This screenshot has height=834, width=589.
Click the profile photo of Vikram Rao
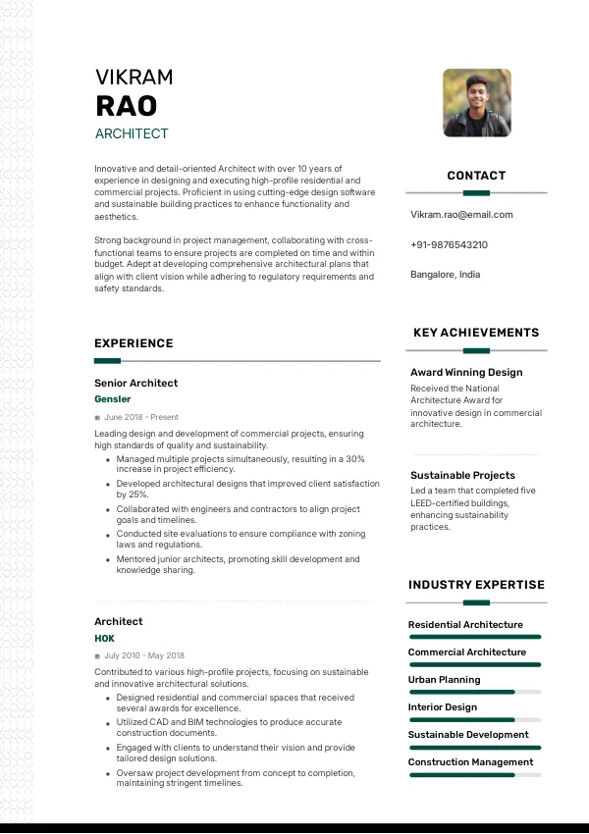[476, 102]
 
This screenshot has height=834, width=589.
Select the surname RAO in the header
[126, 106]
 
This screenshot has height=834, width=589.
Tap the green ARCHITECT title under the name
[132, 133]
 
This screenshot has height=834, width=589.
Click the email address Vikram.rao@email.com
[461, 215]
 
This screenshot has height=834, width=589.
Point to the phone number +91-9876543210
[449, 244]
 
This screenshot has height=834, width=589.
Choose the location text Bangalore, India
[445, 275]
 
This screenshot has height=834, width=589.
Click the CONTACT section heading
[476, 176]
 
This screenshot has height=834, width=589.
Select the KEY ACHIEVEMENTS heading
[476, 333]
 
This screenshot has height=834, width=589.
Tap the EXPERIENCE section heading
[134, 343]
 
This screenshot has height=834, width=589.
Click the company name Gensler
[112, 399]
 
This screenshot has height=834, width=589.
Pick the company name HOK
[104, 638]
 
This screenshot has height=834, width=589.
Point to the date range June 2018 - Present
[140, 417]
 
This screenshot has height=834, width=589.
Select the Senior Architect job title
[135, 383]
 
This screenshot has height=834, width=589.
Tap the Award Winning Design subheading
[466, 373]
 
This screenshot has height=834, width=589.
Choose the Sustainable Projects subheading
[462, 476]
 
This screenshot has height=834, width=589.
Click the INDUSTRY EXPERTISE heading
[476, 585]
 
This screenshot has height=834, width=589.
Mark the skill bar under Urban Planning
[475, 692]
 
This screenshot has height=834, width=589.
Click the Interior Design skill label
[442, 706]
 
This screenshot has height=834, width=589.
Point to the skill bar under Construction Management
[475, 775]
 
